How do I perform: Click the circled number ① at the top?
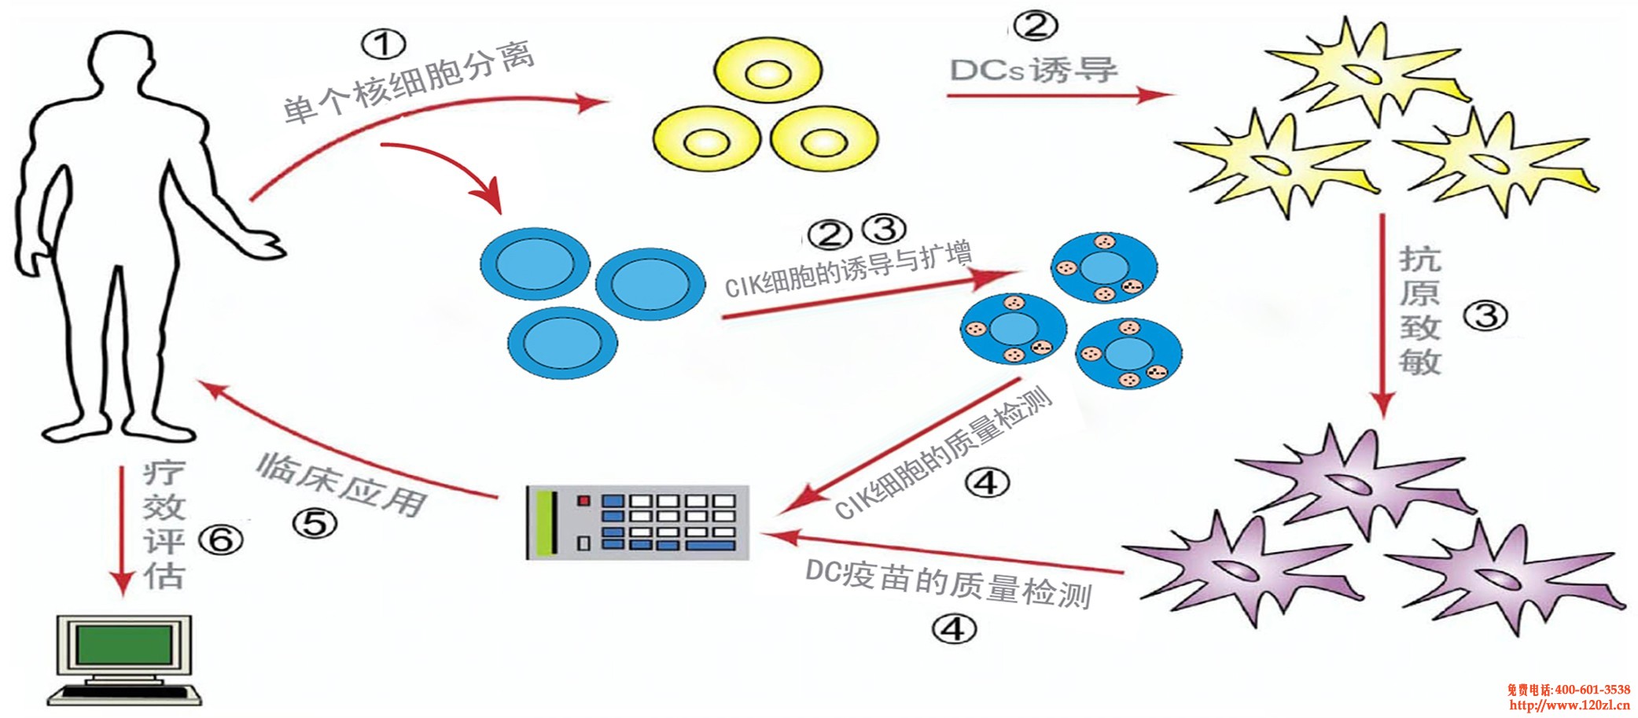tap(383, 44)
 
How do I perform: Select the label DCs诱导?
tap(1033, 70)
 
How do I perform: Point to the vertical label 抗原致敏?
tap(1419, 310)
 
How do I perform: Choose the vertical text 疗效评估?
tap(164, 525)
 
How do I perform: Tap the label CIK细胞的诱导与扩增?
tap(848, 270)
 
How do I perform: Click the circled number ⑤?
tap(315, 523)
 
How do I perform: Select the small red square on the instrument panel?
tap(583, 500)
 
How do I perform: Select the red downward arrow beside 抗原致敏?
tap(1382, 315)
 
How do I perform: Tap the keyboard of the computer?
tap(123, 694)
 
